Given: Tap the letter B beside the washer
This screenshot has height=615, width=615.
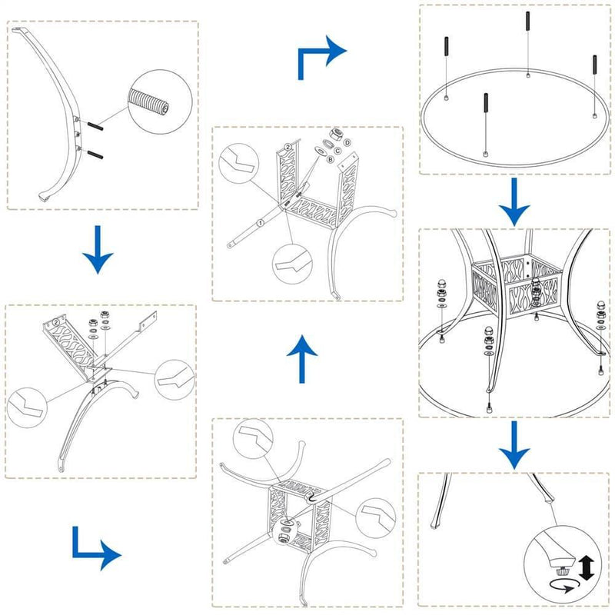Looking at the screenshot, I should pos(331,160).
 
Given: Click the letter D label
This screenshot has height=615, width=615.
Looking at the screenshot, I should pos(347,143).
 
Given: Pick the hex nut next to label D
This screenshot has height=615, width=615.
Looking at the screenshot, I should pos(336,135).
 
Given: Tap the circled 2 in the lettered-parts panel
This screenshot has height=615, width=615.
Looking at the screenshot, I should pos(287,145).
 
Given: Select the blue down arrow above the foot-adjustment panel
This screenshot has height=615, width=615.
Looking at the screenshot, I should pos(514,446).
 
